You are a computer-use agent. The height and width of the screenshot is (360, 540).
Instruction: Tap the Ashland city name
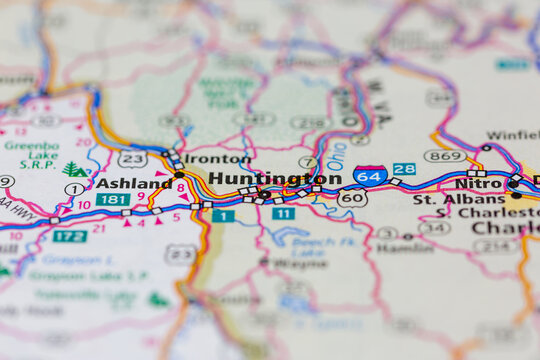(133, 184)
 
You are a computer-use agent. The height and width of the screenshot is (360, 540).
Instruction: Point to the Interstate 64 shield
(370, 176)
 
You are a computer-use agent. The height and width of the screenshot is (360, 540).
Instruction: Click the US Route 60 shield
(352, 198)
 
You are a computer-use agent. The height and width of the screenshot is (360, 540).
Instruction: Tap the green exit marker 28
(404, 169)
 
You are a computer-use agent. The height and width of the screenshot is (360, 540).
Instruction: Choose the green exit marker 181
(112, 200)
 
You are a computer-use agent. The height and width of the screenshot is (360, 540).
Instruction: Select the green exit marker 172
(70, 236)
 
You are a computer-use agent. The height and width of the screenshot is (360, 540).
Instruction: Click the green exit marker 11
(284, 214)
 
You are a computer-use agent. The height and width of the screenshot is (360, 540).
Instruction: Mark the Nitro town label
(477, 184)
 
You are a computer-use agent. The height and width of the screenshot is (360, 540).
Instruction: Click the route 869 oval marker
(444, 156)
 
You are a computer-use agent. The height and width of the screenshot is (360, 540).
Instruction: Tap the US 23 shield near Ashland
(132, 159)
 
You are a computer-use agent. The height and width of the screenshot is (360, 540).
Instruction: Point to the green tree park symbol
(74, 169)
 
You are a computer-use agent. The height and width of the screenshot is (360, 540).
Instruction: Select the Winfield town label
(512, 135)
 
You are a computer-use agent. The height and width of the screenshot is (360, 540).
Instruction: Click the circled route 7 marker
(308, 162)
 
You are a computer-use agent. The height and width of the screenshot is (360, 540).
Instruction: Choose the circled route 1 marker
(73, 189)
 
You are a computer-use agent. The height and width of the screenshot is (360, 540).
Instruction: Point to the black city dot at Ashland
(179, 175)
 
